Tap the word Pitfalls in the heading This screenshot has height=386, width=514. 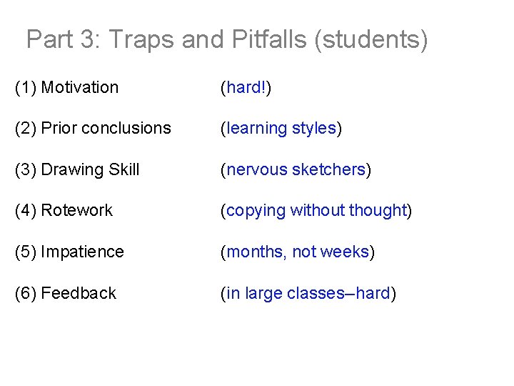click(x=269, y=39)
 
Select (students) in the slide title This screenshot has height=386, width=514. click(x=371, y=39)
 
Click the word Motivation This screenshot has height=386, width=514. click(x=80, y=87)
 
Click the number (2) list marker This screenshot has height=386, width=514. click(x=26, y=129)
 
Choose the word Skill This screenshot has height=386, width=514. click(x=124, y=169)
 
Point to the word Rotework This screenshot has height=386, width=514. click(x=77, y=210)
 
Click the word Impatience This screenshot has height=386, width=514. click(x=83, y=252)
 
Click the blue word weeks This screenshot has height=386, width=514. click(x=345, y=252)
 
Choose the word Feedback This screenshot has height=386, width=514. click(x=79, y=293)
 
